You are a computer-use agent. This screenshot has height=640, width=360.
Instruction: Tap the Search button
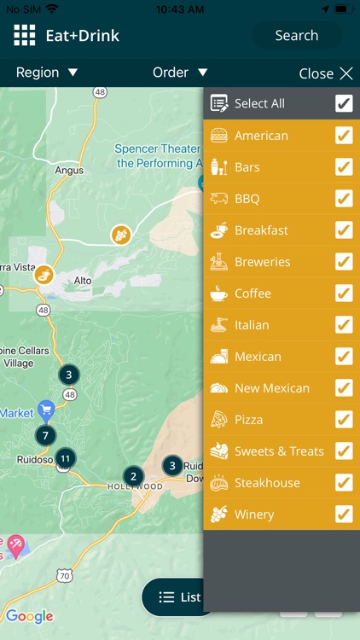click(x=296, y=36)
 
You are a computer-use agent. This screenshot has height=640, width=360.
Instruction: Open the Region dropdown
click(x=47, y=73)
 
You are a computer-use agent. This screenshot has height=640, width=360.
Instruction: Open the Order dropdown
click(x=180, y=73)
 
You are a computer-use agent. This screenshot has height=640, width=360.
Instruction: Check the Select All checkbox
click(x=344, y=103)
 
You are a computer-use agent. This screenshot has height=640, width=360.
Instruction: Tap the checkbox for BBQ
click(x=344, y=199)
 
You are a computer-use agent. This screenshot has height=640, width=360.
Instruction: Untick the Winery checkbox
click(x=344, y=514)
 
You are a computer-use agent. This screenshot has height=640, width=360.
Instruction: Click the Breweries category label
click(x=262, y=262)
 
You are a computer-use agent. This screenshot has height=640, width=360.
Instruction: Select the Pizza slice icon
click(x=219, y=419)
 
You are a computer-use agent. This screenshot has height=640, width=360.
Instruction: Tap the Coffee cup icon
click(x=219, y=294)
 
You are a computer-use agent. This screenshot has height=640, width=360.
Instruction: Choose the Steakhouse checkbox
click(x=344, y=482)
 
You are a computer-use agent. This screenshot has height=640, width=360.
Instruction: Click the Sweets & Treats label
click(x=279, y=451)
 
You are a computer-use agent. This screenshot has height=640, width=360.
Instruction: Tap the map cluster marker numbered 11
click(x=65, y=458)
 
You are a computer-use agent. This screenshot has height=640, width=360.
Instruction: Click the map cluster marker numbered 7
click(x=45, y=436)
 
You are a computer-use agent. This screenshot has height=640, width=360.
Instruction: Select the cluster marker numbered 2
click(x=133, y=476)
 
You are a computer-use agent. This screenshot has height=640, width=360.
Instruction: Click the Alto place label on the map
click(x=83, y=280)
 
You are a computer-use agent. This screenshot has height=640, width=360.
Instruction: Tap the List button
click(x=178, y=597)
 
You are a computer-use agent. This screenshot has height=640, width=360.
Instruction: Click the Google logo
click(x=30, y=616)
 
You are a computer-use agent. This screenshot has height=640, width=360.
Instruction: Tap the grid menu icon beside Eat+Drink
click(x=25, y=35)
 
